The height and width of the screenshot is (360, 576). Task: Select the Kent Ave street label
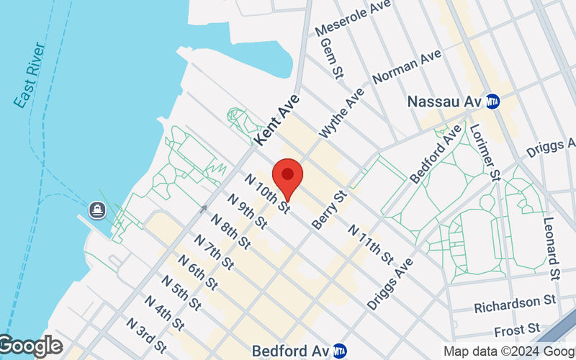pyautogui.click(x=276, y=117)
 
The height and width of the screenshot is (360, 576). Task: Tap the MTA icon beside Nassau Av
pyautogui.click(x=493, y=102)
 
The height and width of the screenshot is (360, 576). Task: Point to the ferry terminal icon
pyautogui.click(x=97, y=211)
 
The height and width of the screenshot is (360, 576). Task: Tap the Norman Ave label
pyautogui.click(x=408, y=66)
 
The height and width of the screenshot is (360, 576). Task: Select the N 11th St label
pyautogui.click(x=371, y=243)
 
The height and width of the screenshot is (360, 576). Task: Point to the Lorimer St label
pyautogui.click(x=485, y=151)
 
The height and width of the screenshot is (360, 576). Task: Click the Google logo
pyautogui.click(x=31, y=347)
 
